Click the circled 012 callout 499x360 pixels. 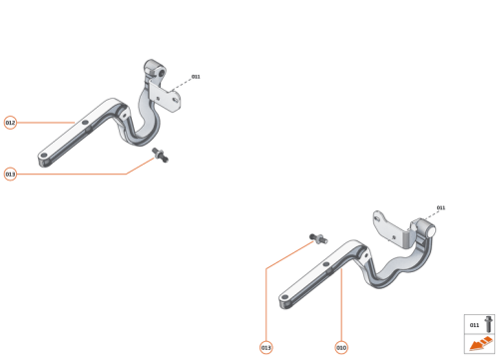click(10, 123)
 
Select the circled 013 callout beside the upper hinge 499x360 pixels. click(10, 175)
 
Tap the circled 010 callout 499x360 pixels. click(341, 347)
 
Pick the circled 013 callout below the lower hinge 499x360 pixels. click(266, 347)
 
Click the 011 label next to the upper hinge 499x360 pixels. click(196, 77)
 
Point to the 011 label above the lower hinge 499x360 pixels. click(441, 208)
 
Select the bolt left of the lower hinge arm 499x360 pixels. click(317, 239)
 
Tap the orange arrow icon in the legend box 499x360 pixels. click(475, 344)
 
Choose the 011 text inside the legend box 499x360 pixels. click(474, 325)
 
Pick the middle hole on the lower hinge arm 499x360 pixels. click(326, 261)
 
